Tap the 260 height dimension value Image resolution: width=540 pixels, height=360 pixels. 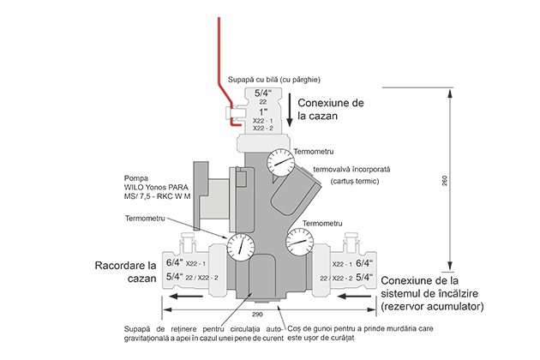(444, 181)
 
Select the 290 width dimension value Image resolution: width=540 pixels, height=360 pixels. (257, 315)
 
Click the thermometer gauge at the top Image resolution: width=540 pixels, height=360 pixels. (280, 162)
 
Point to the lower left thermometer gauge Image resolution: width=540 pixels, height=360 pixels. (240, 247)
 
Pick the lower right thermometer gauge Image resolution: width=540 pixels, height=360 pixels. (300, 242)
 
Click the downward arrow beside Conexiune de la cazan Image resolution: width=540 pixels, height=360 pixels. (290, 110)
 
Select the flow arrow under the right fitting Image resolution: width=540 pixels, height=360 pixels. (354, 296)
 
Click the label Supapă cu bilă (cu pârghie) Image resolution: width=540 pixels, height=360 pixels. (274, 80)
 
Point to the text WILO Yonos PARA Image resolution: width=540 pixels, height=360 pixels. (156, 188)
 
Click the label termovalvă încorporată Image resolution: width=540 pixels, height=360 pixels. (351, 170)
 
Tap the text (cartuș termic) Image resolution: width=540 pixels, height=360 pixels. (355, 181)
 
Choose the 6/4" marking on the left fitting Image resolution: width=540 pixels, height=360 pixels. (175, 262)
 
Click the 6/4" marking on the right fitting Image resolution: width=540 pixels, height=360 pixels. (364, 263)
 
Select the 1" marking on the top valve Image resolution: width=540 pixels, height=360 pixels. (263, 112)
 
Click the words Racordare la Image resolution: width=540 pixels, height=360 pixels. (125, 266)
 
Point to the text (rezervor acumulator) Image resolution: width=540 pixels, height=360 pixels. (432, 306)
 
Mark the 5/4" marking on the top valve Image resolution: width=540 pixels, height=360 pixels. (263, 93)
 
